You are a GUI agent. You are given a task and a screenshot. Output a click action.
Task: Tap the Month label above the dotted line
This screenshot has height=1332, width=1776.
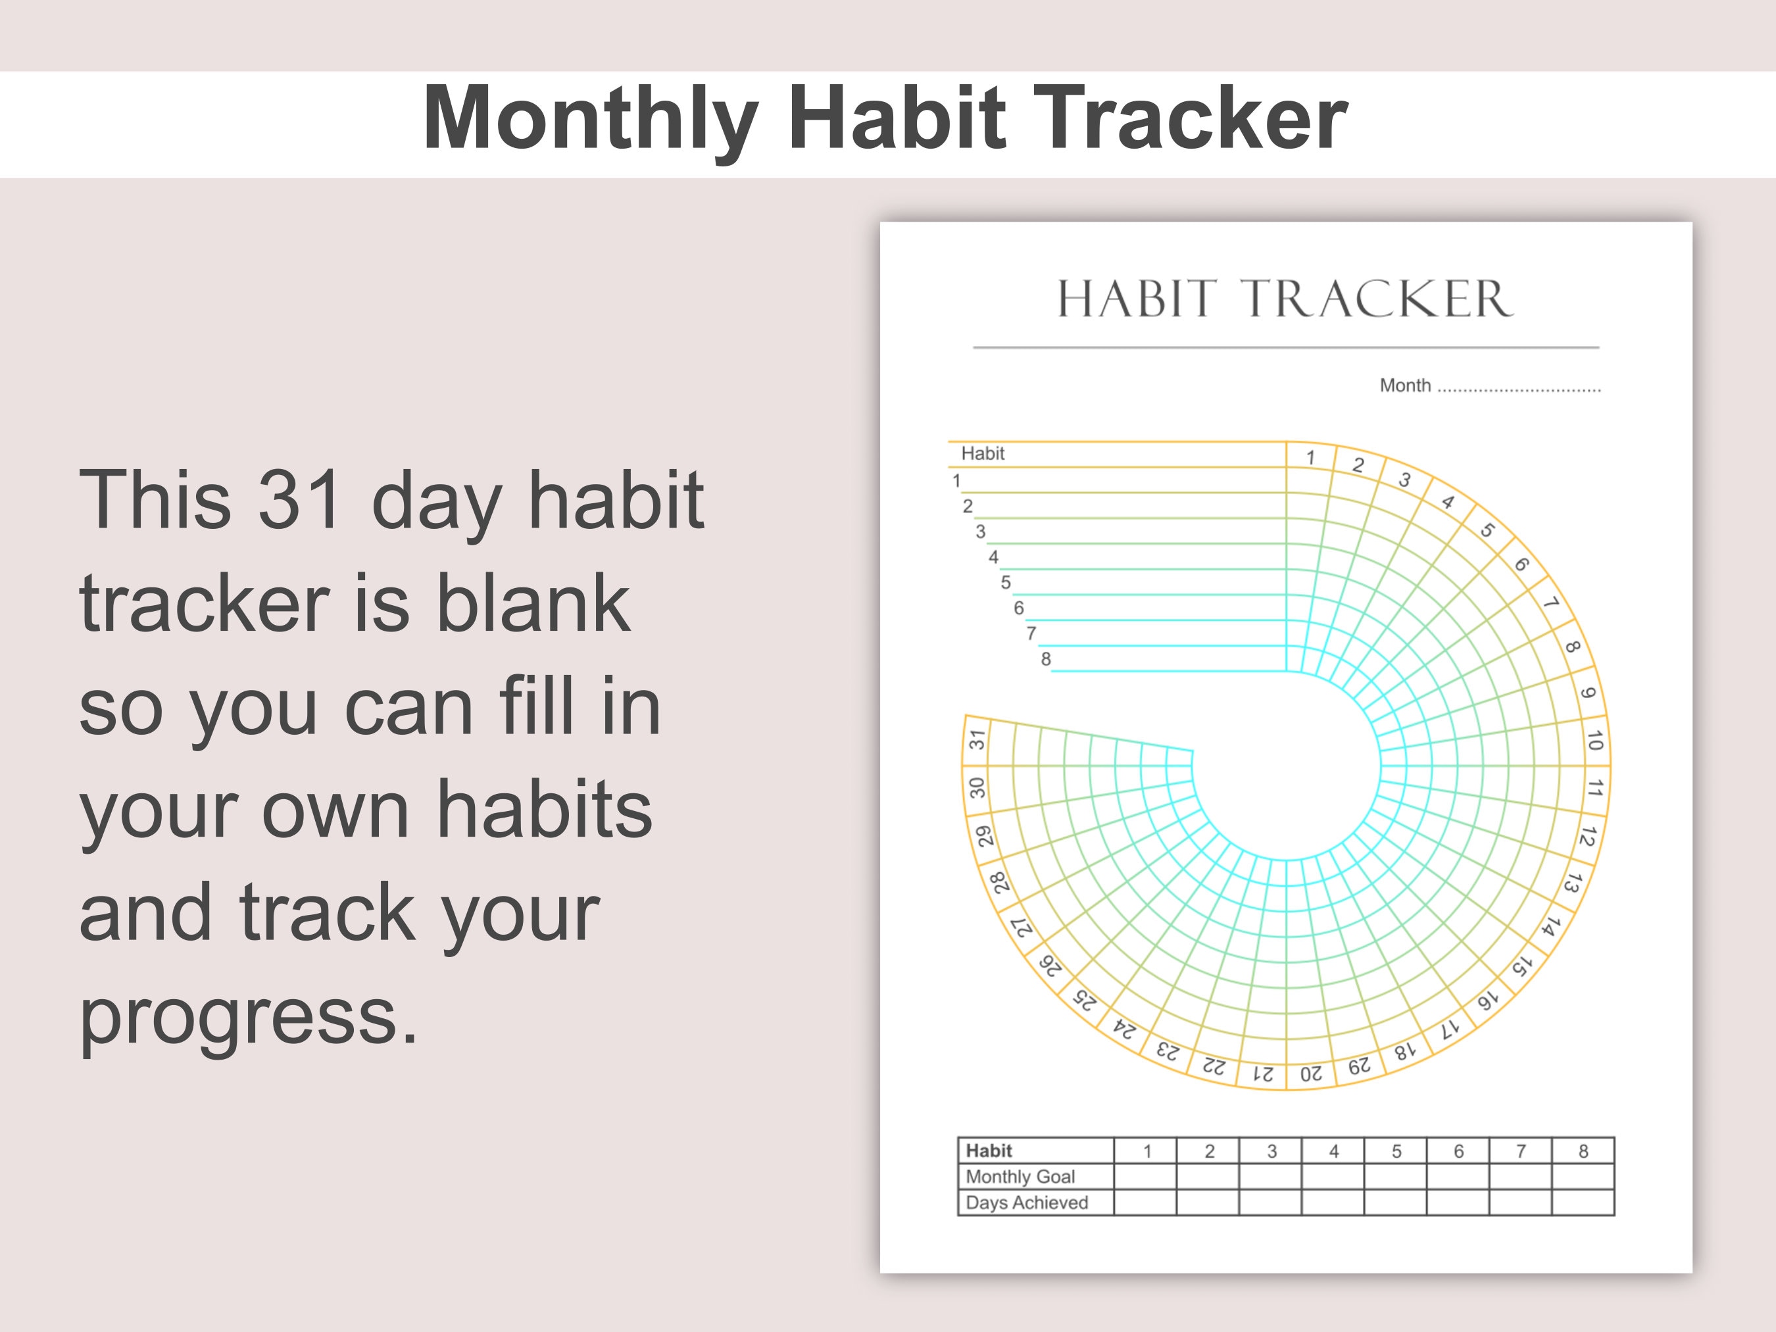point(1404,385)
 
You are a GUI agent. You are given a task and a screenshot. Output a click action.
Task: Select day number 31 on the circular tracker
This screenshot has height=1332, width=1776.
point(976,739)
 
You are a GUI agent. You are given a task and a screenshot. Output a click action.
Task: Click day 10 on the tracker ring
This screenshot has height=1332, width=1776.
point(1594,740)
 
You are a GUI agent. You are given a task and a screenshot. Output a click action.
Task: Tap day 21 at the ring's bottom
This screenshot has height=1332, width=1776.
point(1263,1073)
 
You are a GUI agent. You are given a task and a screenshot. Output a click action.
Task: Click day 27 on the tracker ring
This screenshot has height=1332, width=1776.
point(1020,927)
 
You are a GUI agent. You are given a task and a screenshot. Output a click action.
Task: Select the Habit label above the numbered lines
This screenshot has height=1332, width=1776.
point(983,454)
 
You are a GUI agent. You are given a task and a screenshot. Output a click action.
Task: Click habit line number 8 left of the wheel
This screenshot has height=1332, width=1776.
point(1045,659)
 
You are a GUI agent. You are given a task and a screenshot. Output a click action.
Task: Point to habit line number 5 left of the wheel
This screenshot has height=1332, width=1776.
point(1005,583)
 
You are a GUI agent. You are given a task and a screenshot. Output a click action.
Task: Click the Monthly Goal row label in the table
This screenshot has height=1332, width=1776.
point(1020,1177)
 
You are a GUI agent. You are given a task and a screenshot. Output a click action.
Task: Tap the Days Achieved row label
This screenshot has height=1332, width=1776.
point(1026,1202)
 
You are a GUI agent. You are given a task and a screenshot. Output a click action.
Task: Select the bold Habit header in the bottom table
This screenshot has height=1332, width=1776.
point(989,1151)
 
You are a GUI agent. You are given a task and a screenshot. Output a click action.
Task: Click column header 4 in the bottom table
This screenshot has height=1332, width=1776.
point(1333,1151)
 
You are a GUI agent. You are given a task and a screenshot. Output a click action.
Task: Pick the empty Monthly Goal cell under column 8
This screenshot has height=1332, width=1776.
point(1583,1177)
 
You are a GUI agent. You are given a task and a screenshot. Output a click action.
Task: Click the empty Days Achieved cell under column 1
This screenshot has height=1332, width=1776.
point(1146,1202)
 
